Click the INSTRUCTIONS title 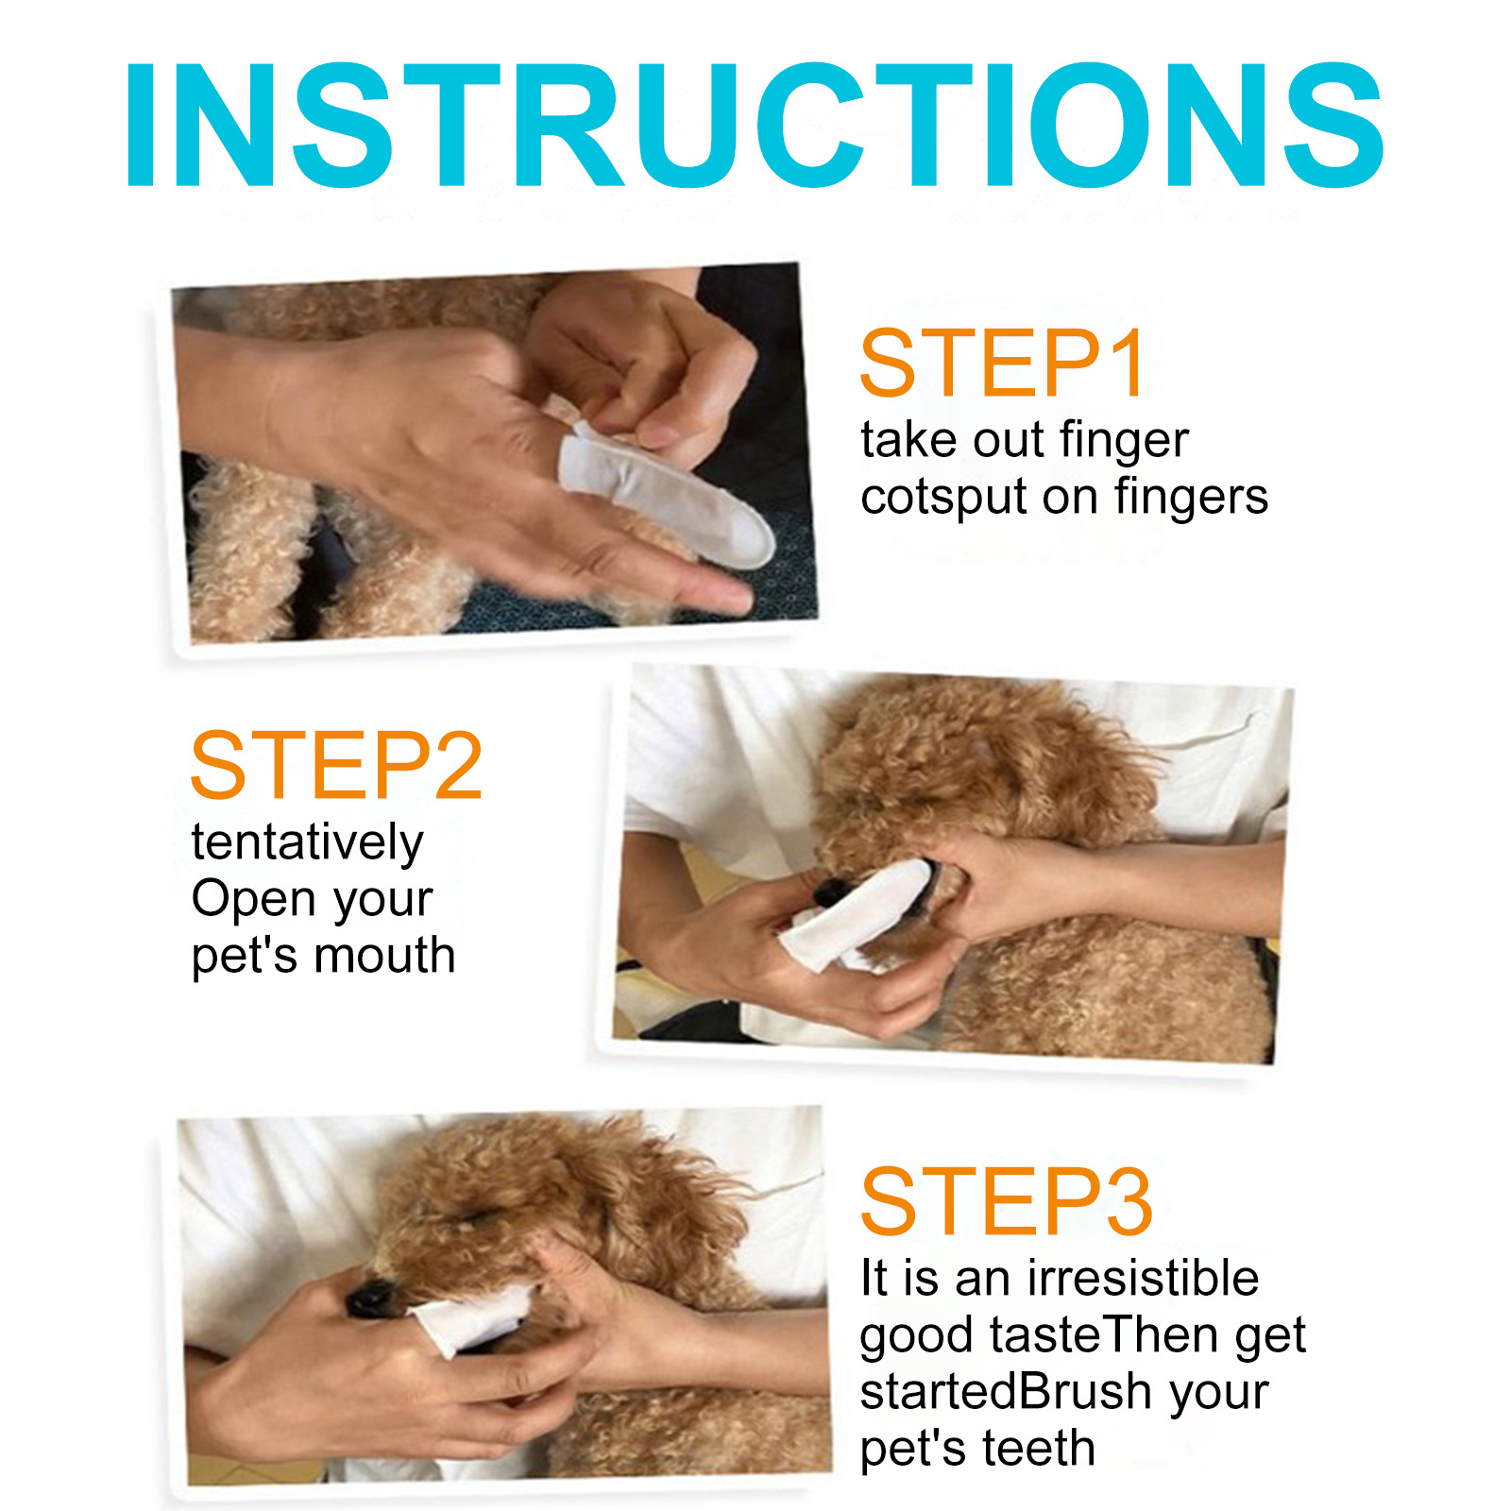(755, 125)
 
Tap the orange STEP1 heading (1003, 364)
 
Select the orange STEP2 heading (336, 766)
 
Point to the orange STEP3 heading (1006, 1201)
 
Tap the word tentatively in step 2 (307, 842)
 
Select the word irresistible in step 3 (1143, 1278)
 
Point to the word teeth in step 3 (1038, 1448)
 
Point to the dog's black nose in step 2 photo (831, 890)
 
